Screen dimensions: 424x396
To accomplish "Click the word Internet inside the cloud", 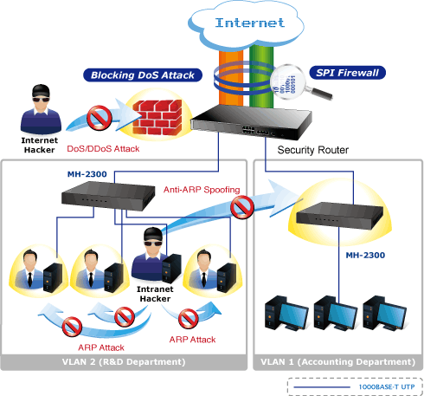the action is tap(250, 23).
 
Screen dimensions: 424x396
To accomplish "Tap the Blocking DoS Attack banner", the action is tap(143, 75).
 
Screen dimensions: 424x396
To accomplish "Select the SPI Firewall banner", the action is tap(347, 73).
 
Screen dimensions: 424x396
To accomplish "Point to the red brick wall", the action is tap(157, 117).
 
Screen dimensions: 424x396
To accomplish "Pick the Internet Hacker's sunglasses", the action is tap(41, 100).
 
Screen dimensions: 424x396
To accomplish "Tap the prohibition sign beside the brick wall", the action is tap(100, 118).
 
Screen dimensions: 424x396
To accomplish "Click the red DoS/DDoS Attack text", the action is tap(103, 149).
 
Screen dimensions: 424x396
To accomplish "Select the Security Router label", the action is tap(313, 150).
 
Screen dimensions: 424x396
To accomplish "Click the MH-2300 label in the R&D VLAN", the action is tap(87, 174).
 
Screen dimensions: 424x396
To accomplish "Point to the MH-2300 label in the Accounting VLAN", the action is tap(365, 255).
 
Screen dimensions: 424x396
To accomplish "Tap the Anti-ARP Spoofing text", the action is tap(202, 190).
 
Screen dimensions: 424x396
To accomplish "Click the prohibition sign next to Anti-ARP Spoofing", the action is tap(242, 207).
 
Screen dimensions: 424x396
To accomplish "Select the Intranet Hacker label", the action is tap(155, 294).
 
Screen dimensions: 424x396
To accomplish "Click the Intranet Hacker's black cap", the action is tap(153, 234).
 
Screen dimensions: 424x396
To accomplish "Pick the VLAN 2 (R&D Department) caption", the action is tap(124, 362).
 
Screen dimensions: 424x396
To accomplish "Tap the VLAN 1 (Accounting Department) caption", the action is tap(338, 362).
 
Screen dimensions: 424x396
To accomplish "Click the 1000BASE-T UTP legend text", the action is tap(387, 386).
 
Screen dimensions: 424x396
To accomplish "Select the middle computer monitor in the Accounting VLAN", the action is tap(342, 315).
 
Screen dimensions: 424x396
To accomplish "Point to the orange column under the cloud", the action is tap(231, 76).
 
